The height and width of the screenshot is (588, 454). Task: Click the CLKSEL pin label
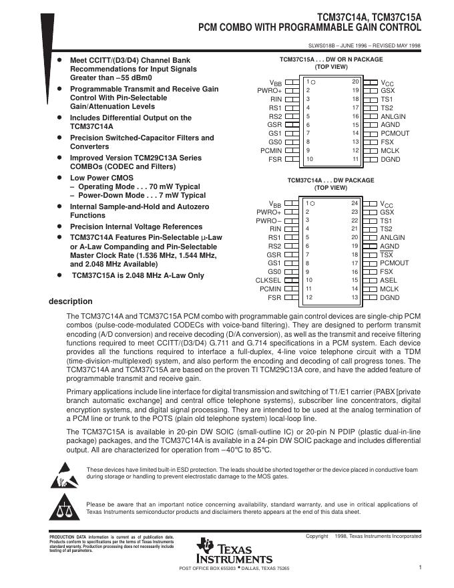pyautogui.click(x=267, y=280)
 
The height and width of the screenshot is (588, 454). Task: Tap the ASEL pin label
pyautogui.click(x=388, y=281)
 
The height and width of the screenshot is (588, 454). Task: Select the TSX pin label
pyautogui.click(x=387, y=255)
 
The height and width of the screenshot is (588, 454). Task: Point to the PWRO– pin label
pyautogui.click(x=269, y=220)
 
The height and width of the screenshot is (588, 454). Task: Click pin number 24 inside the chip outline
pyautogui.click(x=355, y=202)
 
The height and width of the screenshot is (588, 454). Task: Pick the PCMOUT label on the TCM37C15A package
pyautogui.click(x=395, y=133)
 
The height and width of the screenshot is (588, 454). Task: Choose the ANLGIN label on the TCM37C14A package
pyautogui.click(x=393, y=237)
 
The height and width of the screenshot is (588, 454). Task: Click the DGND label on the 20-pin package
pyautogui.click(x=390, y=159)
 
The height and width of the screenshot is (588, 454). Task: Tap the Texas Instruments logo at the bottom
pyautogui.click(x=234, y=551)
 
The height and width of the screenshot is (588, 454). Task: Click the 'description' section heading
pyautogui.click(x=70, y=301)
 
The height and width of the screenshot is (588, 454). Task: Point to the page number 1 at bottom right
pyautogui.click(x=421, y=568)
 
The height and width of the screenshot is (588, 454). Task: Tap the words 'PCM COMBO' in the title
pyautogui.click(x=226, y=27)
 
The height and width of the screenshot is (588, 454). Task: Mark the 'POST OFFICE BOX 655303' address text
pyautogui.click(x=206, y=569)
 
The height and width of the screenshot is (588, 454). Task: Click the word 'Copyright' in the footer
pyautogui.click(x=317, y=537)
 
